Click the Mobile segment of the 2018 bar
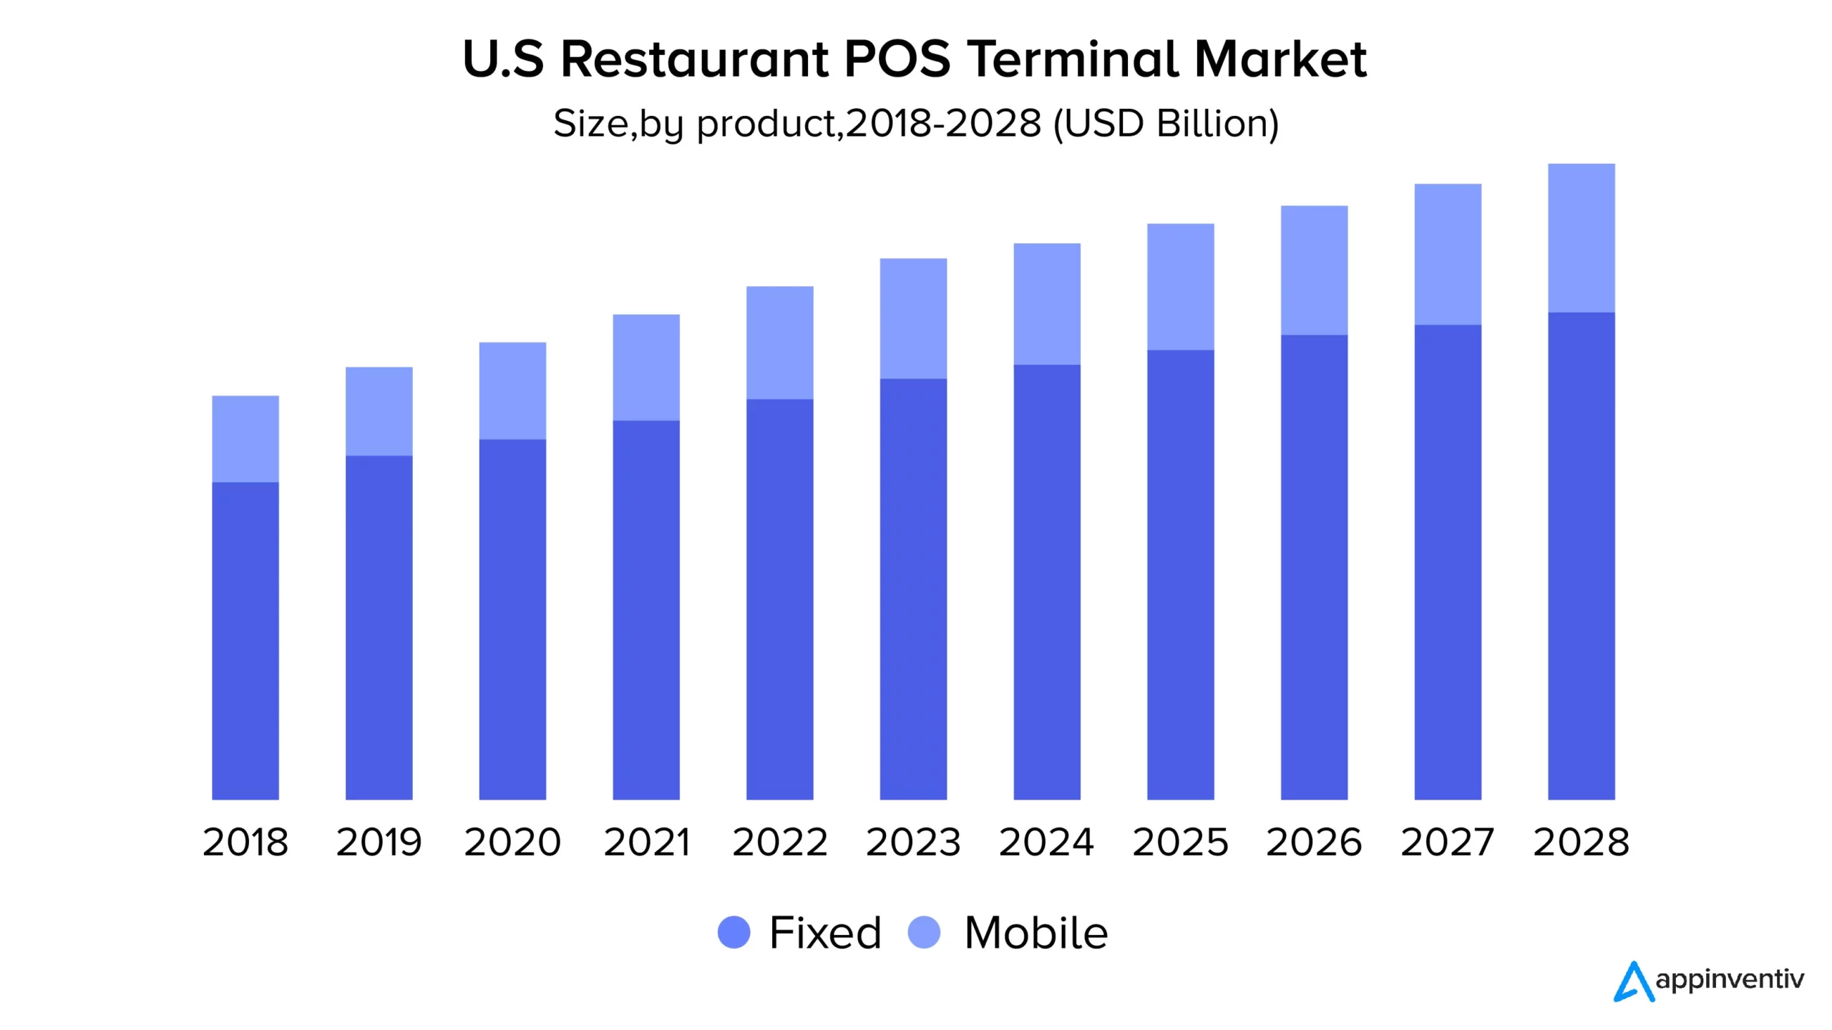click(245, 438)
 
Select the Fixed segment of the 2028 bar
click(1581, 556)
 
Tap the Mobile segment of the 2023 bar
click(913, 318)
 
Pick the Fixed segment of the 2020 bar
click(512, 619)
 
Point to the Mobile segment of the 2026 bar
click(1314, 270)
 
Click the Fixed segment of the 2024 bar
click(1047, 582)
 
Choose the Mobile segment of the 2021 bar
click(646, 367)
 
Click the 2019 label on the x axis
click(379, 842)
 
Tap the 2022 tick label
click(779, 842)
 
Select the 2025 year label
click(1180, 842)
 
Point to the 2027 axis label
click(1447, 842)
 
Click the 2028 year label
click(1581, 842)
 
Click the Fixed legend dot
click(734, 933)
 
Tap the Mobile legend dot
click(924, 933)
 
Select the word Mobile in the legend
click(1036, 933)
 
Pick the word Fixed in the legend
click(825, 933)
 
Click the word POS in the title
click(897, 59)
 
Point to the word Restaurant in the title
click(694, 59)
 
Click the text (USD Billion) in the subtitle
click(1166, 124)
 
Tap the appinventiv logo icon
click(1633, 981)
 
